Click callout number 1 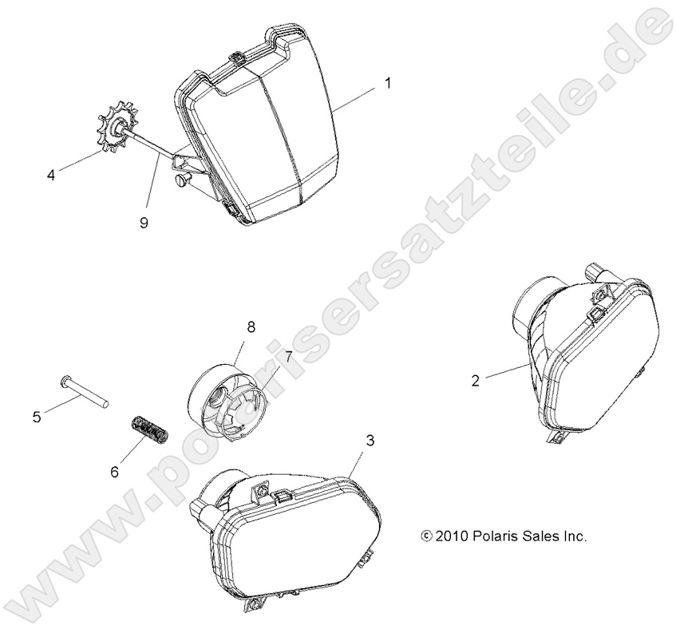click(x=388, y=83)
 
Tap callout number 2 click(x=476, y=381)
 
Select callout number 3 click(x=370, y=441)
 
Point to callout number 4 click(x=51, y=176)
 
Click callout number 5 click(x=37, y=417)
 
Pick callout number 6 click(x=115, y=472)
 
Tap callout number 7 click(x=288, y=356)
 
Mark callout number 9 click(x=144, y=223)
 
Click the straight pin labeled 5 click(x=84, y=392)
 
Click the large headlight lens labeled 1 click(x=259, y=129)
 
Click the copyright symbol click(x=426, y=536)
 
